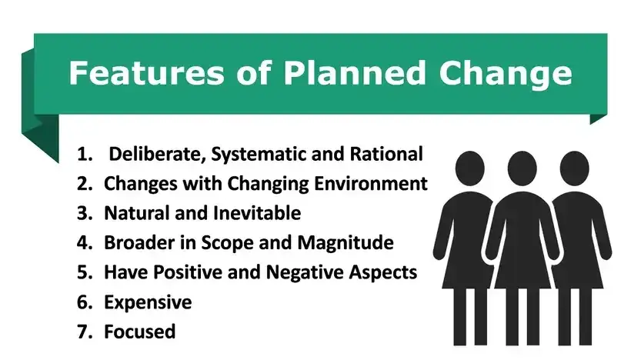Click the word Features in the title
coord(146,73)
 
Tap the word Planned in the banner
coord(355,73)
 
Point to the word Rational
coord(386,154)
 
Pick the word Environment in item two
coord(371,184)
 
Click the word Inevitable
coord(257,213)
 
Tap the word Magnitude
coord(346,243)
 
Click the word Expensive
coord(148,303)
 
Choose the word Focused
coord(140,332)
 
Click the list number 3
coord(85,213)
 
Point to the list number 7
coord(85,332)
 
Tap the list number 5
coord(85,272)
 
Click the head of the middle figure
coord(522,168)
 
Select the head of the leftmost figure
coord(469,168)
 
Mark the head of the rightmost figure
coord(574,168)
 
